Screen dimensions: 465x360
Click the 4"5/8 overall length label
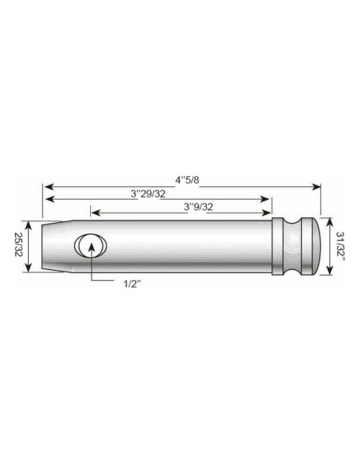click(182, 178)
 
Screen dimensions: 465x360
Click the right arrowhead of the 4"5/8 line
click(319, 186)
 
